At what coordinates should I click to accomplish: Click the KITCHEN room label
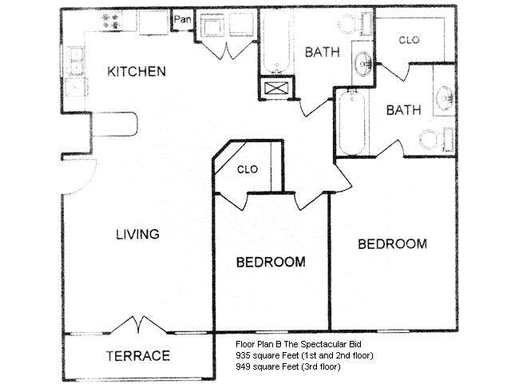[x=137, y=71]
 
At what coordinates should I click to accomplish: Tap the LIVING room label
[x=137, y=234]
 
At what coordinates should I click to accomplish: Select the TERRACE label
[x=138, y=356]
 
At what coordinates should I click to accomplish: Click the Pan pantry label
[x=182, y=19]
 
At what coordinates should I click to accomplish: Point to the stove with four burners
[x=111, y=21]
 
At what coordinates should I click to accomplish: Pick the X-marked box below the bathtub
[x=276, y=88]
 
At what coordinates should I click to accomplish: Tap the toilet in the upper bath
[x=356, y=24]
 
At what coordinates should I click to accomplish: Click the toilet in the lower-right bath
[x=437, y=139]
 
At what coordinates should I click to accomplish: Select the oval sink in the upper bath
[x=363, y=64]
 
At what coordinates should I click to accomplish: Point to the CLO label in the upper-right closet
[x=409, y=40]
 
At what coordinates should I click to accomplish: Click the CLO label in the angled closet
[x=248, y=169]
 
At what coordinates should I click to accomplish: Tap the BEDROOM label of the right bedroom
[x=392, y=244]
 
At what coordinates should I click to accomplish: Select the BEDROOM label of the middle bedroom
[x=271, y=262]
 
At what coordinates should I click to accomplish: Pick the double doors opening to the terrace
[x=138, y=325]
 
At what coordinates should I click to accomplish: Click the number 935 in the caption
[x=242, y=355]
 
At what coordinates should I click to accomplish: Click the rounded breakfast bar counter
[x=114, y=125]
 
